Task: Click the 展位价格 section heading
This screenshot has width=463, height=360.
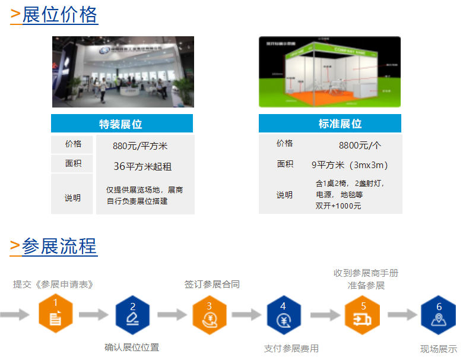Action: pyautogui.click(x=59, y=14)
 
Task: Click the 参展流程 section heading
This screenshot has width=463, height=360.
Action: pyautogui.click(x=59, y=245)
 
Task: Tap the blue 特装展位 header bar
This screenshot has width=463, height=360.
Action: pyautogui.click(x=122, y=124)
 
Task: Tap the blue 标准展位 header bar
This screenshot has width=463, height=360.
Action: pyautogui.click(x=329, y=124)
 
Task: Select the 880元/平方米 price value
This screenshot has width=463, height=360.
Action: pyautogui.click(x=140, y=146)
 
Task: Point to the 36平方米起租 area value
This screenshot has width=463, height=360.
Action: pyautogui.click(x=142, y=166)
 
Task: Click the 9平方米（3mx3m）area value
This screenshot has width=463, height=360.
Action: pyautogui.click(x=350, y=165)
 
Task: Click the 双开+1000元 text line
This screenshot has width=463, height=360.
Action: pyautogui.click(x=338, y=206)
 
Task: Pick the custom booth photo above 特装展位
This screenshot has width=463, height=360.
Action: pyautogui.click(x=123, y=72)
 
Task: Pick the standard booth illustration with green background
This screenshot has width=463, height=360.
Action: pyautogui.click(x=329, y=72)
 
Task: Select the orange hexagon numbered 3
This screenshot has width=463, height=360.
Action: pyautogui.click(x=210, y=314)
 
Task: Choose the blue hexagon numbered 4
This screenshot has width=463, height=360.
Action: pyautogui.click(x=284, y=314)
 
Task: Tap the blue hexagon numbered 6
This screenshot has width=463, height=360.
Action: pyautogui.click(x=438, y=314)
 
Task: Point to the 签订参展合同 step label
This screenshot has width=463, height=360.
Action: pyautogui.click(x=212, y=284)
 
